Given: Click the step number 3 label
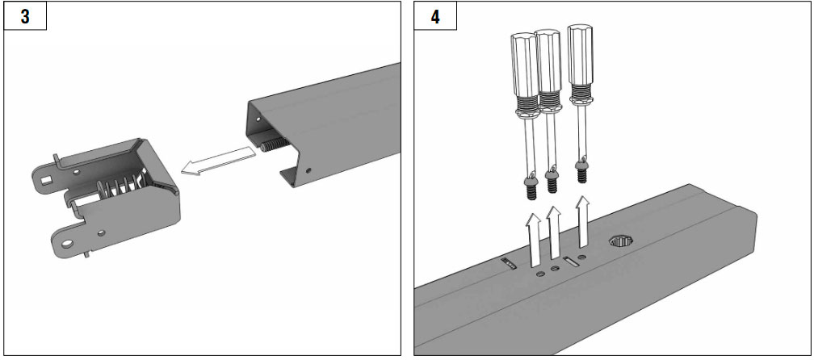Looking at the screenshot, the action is [x=26, y=17].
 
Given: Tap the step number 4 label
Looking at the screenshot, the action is [x=435, y=17].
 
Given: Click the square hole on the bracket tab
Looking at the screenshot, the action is [x=48, y=180].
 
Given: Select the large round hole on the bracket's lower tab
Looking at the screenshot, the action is [x=67, y=243].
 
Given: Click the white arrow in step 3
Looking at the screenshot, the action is [x=218, y=161].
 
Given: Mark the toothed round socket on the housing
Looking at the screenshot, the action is [x=620, y=241].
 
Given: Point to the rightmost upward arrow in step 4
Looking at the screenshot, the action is [x=583, y=221].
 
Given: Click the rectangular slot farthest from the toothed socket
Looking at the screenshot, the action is [x=508, y=264].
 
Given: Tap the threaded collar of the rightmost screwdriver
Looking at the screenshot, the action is [x=581, y=92].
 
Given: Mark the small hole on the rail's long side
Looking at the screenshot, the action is [x=308, y=170].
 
